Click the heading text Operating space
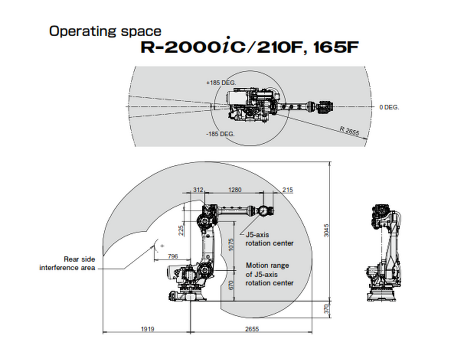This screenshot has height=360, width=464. pyautogui.click(x=105, y=31)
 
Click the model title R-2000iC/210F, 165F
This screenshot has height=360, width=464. pyautogui.click(x=250, y=48)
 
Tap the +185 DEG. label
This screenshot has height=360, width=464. pyautogui.click(x=221, y=83)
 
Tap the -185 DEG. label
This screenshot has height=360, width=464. pyautogui.click(x=220, y=134)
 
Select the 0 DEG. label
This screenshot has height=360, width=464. pyautogui.click(x=389, y=107)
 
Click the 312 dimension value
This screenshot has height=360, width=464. pyautogui.click(x=198, y=190)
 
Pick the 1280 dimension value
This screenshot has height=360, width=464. pyautogui.click(x=235, y=190)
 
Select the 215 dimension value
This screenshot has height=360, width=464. pyautogui.click(x=287, y=190)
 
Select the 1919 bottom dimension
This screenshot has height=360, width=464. pyautogui.click(x=147, y=329)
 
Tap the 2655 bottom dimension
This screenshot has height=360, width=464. pyautogui.click(x=252, y=329)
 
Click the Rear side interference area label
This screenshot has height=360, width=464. pyautogui.click(x=67, y=263)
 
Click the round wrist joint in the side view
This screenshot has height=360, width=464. pyautogui.click(x=263, y=211)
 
